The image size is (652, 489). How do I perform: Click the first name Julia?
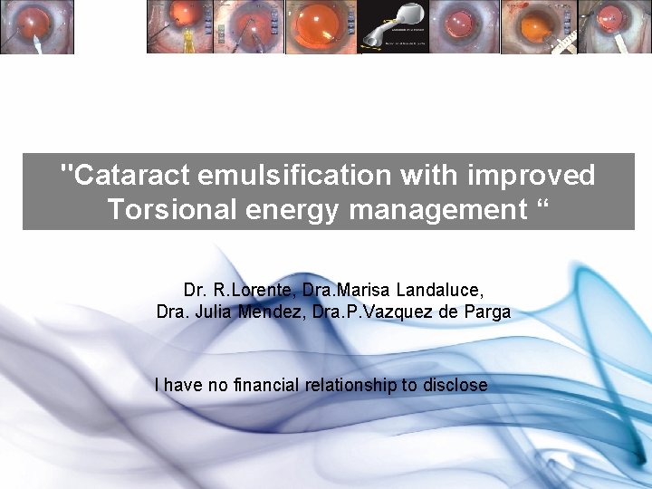tap(214, 312)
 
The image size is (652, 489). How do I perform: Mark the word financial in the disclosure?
tap(268, 385)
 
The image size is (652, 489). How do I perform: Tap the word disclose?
tap(455, 385)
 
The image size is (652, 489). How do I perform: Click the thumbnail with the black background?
tap(393, 27)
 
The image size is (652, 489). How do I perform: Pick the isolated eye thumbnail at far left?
tap(36, 27)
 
